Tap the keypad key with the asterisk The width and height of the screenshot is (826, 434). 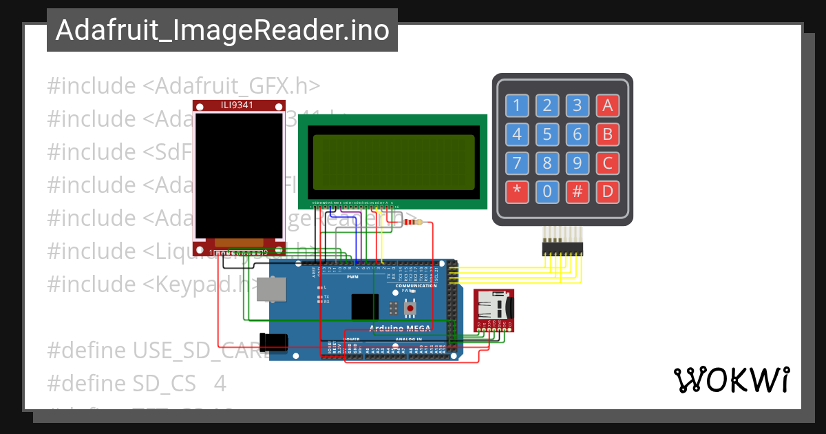[x=517, y=192]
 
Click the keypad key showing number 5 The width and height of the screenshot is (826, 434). [x=547, y=134]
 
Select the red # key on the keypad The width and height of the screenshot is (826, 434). [x=577, y=192]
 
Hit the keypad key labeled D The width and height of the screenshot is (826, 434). [x=607, y=192]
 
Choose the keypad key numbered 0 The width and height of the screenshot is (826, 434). [x=547, y=192]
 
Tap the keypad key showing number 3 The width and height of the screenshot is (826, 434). [x=577, y=105]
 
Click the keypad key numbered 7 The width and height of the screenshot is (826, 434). [x=517, y=163]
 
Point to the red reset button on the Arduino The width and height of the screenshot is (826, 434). [x=411, y=308]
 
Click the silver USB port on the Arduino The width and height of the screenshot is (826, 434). [x=271, y=289]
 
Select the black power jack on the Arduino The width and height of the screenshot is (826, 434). [x=273, y=342]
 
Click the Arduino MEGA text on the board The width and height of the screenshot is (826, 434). [x=400, y=329]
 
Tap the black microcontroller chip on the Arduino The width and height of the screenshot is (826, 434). [x=365, y=307]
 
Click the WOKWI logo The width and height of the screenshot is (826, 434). [x=731, y=380]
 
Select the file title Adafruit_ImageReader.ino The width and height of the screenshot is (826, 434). [x=222, y=30]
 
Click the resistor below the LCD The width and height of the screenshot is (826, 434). [x=414, y=222]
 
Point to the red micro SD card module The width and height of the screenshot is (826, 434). [x=495, y=310]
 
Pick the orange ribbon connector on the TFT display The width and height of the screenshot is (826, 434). [x=240, y=243]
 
